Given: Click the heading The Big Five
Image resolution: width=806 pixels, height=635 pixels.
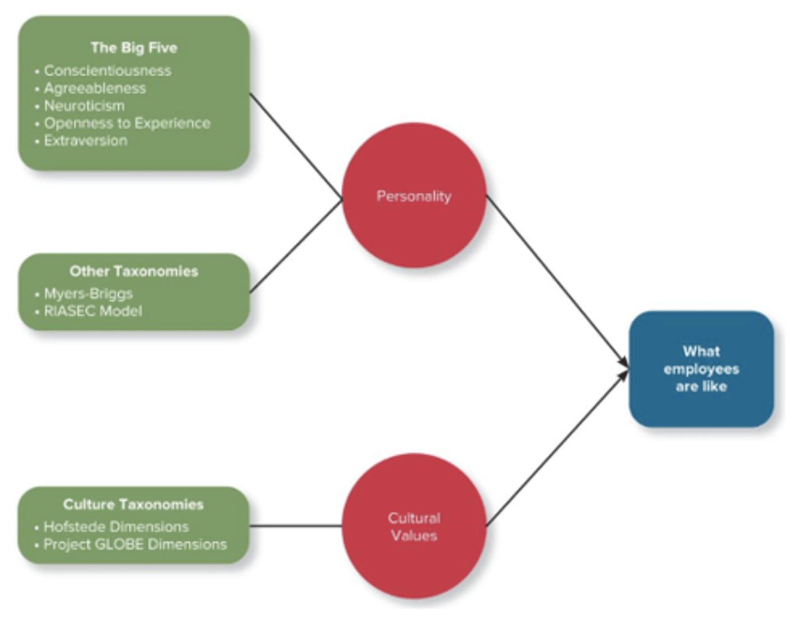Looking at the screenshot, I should [x=134, y=48].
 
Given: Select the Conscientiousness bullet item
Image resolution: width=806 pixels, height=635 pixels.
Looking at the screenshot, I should [x=107, y=71].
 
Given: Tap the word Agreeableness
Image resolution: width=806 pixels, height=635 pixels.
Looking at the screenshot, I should [x=95, y=88].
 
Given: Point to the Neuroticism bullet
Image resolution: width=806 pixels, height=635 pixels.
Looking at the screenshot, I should [x=84, y=105].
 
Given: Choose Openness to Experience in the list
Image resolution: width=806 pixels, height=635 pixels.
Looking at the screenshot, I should [x=127, y=123].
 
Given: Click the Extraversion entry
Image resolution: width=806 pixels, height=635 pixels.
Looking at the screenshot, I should [x=86, y=140].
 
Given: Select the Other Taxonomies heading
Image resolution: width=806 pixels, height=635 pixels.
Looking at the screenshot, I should [x=134, y=271].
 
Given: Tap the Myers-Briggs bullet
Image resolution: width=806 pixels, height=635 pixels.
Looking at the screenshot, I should [x=88, y=293].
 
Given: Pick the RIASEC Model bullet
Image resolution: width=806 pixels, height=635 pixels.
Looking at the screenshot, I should [x=93, y=311].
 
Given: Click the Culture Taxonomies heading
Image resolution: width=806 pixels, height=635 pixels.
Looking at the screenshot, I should [x=133, y=504].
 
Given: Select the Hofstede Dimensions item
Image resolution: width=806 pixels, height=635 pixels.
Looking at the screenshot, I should [x=116, y=526].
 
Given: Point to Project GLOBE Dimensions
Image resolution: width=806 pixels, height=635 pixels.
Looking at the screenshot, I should [x=135, y=544].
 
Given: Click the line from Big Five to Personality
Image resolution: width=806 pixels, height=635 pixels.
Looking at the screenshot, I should [x=296, y=146].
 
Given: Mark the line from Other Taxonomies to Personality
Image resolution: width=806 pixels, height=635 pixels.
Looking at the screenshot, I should [x=296, y=247].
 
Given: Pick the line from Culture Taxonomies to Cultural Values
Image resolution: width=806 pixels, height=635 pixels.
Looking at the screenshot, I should [x=296, y=526].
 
